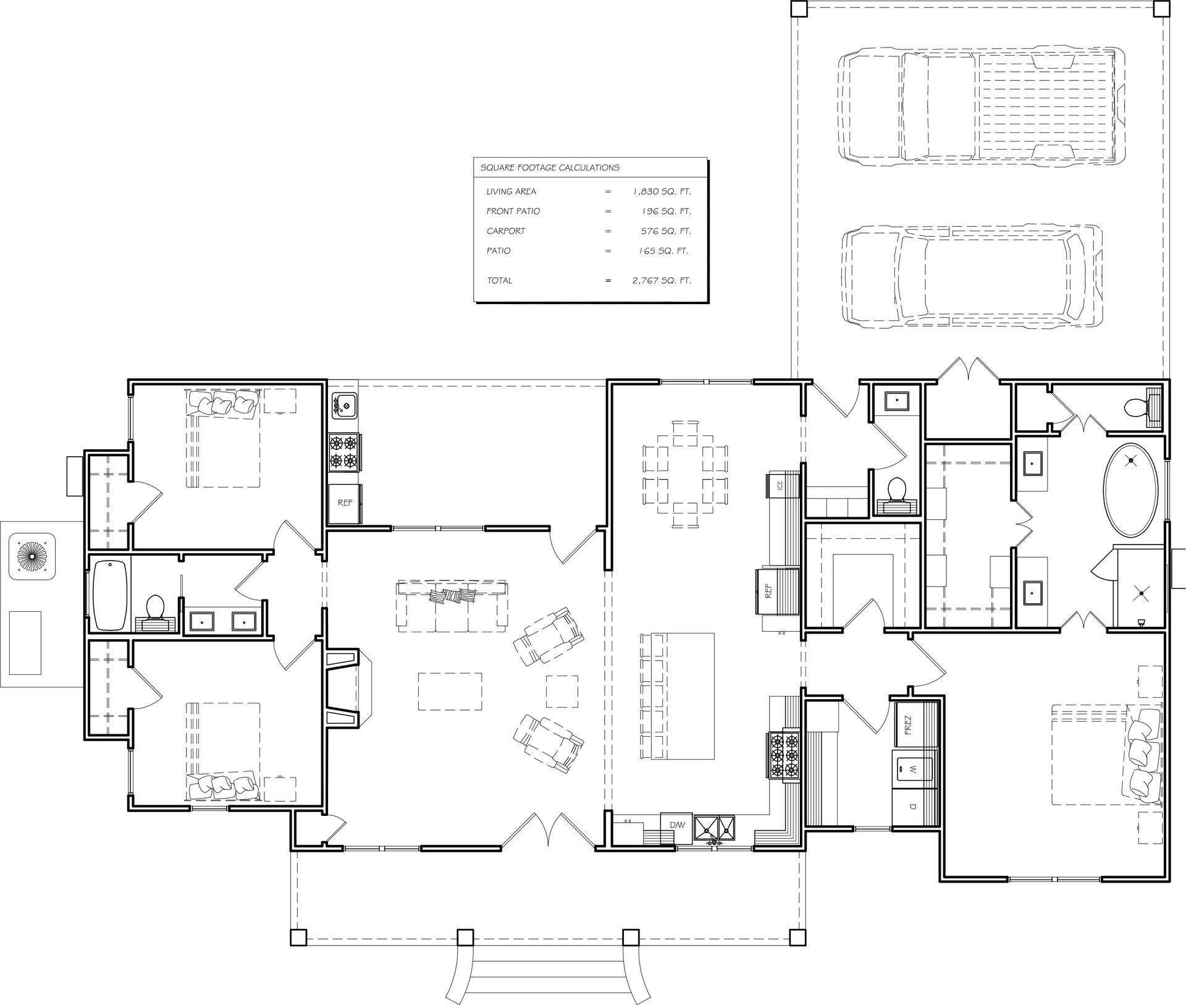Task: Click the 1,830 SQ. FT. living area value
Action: tap(662, 192)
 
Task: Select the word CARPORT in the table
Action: tap(506, 231)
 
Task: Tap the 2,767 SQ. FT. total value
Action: tap(662, 281)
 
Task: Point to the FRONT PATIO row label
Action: tap(513, 211)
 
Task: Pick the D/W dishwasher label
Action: tap(678, 825)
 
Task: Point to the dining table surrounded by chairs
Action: tap(685, 474)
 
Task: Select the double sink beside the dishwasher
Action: tap(715, 828)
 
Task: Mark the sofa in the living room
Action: tap(453, 606)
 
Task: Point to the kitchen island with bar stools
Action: tap(678, 696)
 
